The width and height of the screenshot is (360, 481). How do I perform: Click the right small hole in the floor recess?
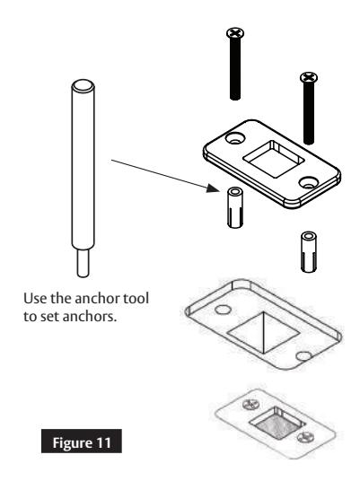pos(303,357)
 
